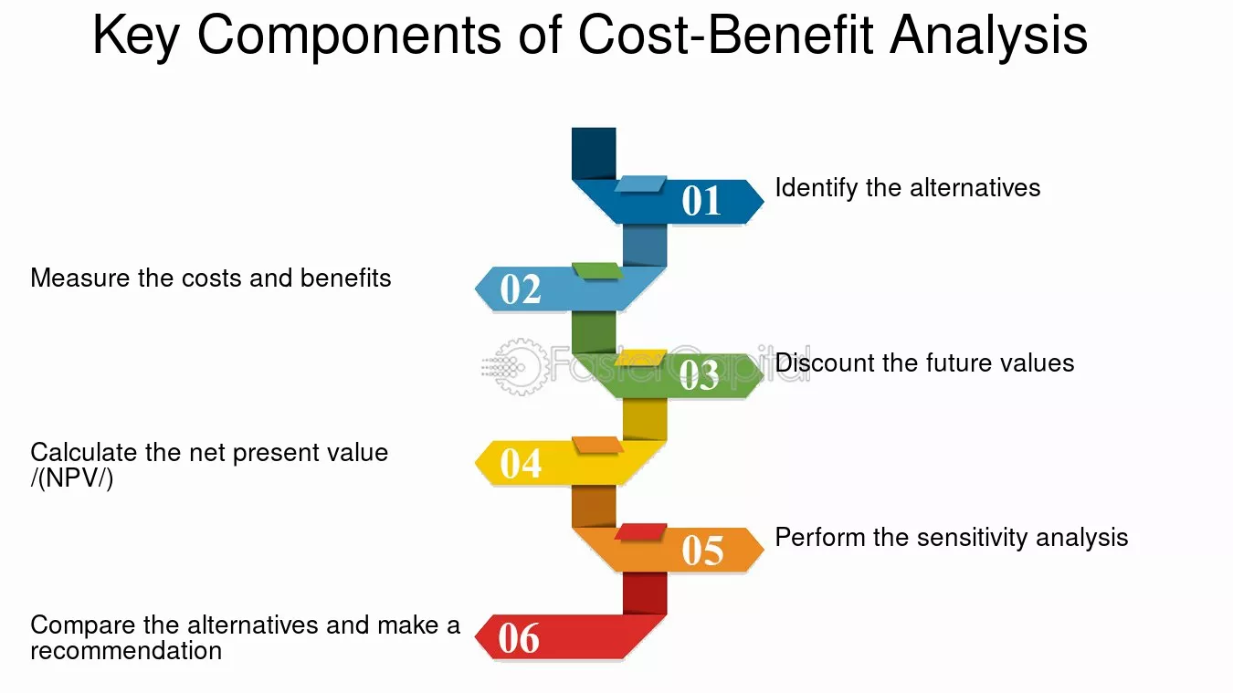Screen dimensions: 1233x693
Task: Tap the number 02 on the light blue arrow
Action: click(521, 289)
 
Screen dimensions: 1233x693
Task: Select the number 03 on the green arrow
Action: click(699, 375)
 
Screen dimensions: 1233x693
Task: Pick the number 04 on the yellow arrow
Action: click(521, 463)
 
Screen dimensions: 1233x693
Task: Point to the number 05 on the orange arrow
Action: click(702, 550)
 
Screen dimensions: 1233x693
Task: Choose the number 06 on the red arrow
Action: click(519, 638)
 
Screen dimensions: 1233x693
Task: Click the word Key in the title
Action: click(136, 36)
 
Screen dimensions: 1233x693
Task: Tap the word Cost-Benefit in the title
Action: click(725, 35)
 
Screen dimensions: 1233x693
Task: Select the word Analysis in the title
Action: click(988, 36)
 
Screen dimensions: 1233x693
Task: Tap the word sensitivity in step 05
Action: click(972, 538)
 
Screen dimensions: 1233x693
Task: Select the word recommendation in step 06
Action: click(127, 651)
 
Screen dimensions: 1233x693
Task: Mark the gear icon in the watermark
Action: click(521, 367)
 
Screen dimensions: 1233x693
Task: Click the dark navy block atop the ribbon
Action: click(594, 153)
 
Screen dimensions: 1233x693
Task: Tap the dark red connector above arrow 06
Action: click(645, 593)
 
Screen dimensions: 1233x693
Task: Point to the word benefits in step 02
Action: click(345, 278)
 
